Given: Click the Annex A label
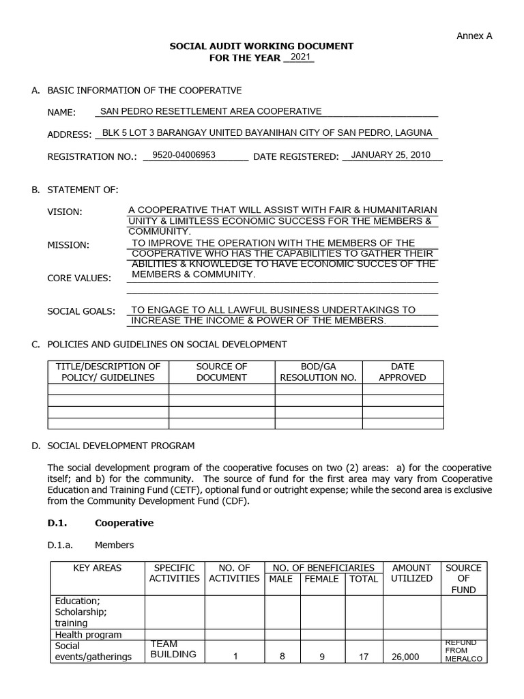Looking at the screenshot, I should point(474,36).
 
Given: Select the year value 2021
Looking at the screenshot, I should point(300,57).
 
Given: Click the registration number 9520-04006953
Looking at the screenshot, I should point(184,155).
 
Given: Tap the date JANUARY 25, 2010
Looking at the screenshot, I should point(390,155).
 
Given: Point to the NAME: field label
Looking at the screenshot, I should point(61,113).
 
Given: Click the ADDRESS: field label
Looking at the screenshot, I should point(69,134).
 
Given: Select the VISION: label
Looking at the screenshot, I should point(64,212).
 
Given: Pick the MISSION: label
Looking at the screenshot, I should point(68,245).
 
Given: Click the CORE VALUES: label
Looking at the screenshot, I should point(78,278).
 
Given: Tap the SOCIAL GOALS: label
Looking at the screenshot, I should point(81,311).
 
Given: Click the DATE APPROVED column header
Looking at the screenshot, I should point(402,372).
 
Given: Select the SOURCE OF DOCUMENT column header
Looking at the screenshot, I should point(221,372).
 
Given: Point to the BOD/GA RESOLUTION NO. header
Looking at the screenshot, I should point(318,372).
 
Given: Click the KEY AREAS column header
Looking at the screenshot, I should point(97,568).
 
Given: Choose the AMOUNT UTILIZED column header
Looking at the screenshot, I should point(411,573).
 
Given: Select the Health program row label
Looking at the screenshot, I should point(88,635).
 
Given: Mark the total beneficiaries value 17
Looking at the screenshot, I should point(363,657).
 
